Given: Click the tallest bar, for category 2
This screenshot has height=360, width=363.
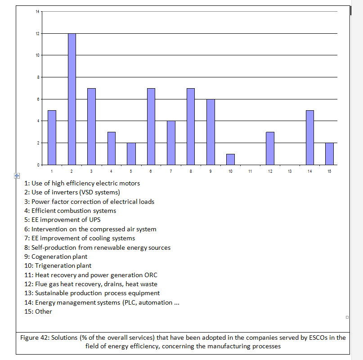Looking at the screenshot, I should [72, 99].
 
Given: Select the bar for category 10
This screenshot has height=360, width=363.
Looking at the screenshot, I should [230, 159].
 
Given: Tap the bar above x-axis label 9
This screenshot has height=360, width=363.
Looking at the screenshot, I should [211, 132].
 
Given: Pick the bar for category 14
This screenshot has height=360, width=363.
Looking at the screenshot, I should [310, 138].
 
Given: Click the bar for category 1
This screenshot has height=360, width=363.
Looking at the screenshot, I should [52, 138].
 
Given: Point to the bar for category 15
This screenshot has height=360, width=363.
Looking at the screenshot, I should [329, 154].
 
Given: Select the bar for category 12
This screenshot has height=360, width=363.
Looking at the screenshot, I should [270, 148].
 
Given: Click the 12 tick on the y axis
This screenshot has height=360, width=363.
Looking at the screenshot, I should [37, 34].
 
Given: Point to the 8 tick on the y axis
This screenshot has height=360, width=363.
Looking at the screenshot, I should [38, 77].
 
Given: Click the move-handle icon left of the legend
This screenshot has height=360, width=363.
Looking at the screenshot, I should [16, 175].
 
